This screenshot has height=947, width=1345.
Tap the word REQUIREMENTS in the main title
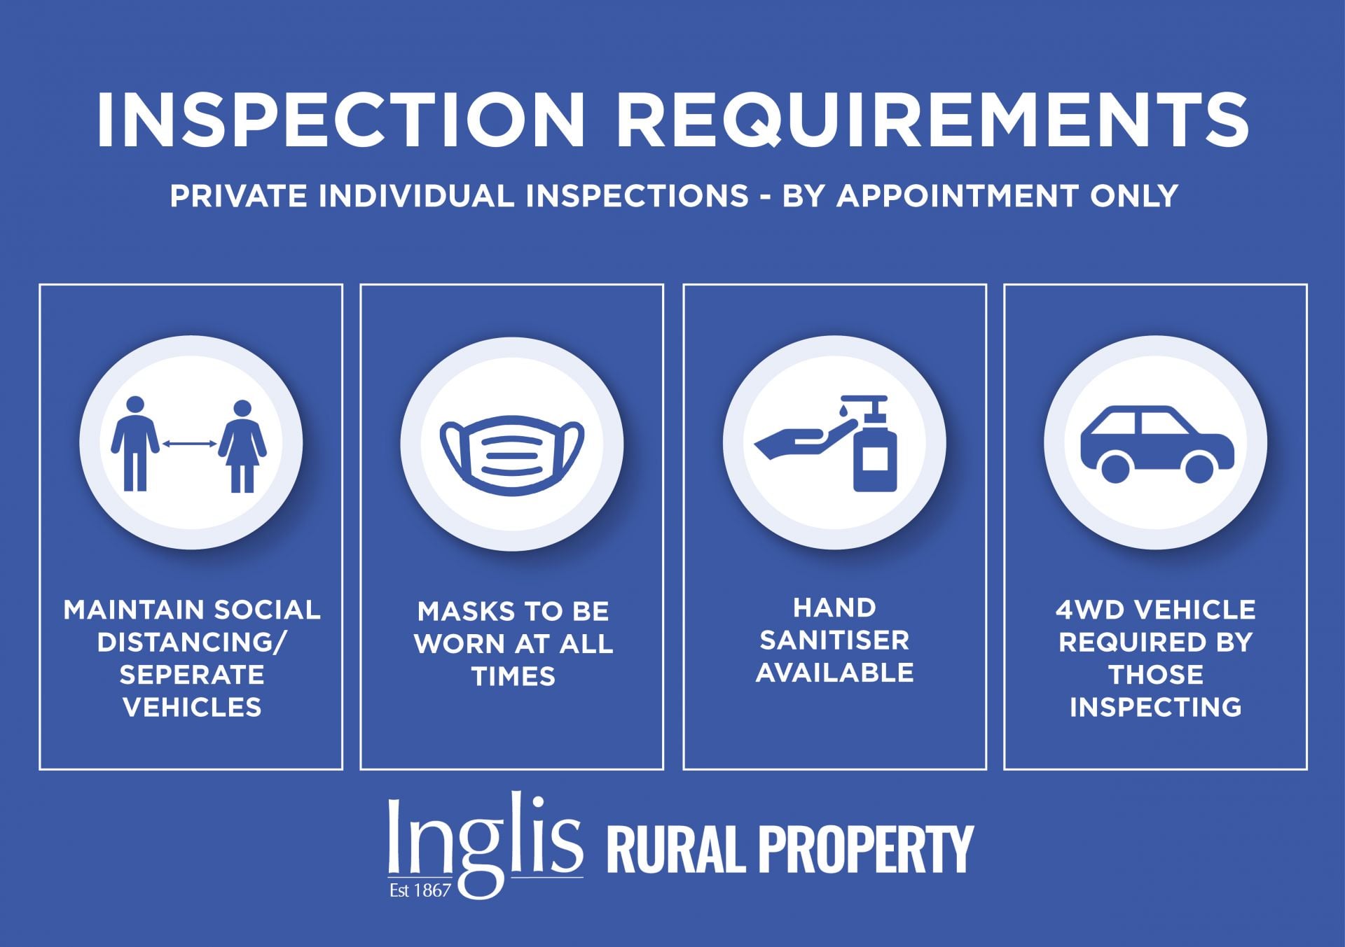click(x=932, y=119)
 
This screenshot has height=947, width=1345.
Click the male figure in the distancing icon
click(x=135, y=444)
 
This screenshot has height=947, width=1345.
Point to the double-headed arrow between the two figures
click(x=189, y=443)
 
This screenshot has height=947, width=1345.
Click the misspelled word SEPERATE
click(x=192, y=675)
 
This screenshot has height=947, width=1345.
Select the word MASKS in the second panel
click(x=460, y=612)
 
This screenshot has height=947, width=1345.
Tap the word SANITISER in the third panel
click(x=835, y=640)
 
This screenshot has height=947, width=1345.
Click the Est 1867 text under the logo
click(x=420, y=891)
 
